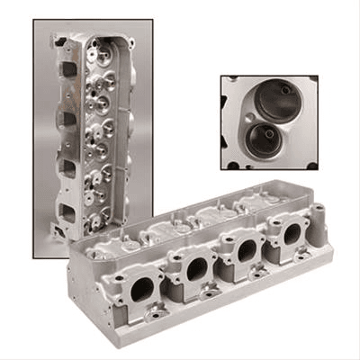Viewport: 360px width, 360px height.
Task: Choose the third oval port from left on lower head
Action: (246, 249)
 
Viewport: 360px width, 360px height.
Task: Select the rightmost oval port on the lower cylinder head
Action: (292, 232)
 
